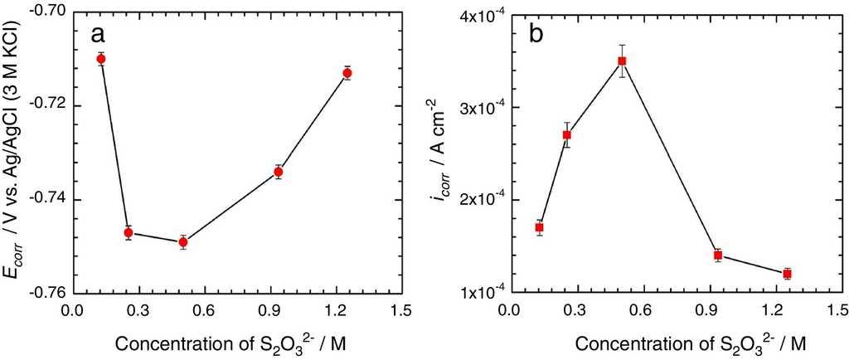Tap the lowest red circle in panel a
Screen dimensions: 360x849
coord(183,242)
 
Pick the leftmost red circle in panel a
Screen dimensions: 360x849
coord(101,58)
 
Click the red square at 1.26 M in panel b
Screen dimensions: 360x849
coord(787,274)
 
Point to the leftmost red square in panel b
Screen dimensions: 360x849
coord(539,227)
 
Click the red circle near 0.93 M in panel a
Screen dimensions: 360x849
coord(279,172)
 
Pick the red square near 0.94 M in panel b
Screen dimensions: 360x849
coord(718,255)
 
